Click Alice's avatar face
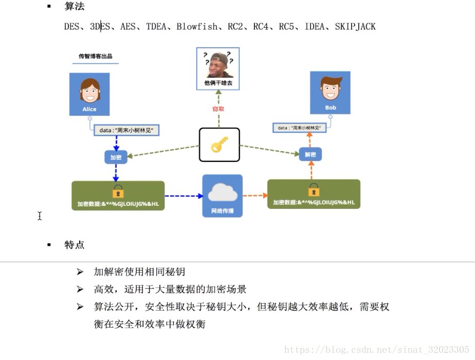(x=89, y=91)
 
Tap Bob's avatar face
(x=330, y=88)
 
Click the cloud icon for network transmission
(x=222, y=192)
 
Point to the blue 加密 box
(x=116, y=157)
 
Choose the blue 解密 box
(x=310, y=154)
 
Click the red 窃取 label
(x=218, y=109)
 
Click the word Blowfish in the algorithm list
(x=197, y=26)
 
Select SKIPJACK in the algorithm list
(x=355, y=26)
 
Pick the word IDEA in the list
(x=314, y=26)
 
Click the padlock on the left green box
(x=118, y=191)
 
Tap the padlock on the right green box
(x=314, y=190)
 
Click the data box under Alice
(x=126, y=130)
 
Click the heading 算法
(x=75, y=7)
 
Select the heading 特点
(x=75, y=245)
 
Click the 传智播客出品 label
(x=96, y=56)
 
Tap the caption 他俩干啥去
(x=218, y=83)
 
